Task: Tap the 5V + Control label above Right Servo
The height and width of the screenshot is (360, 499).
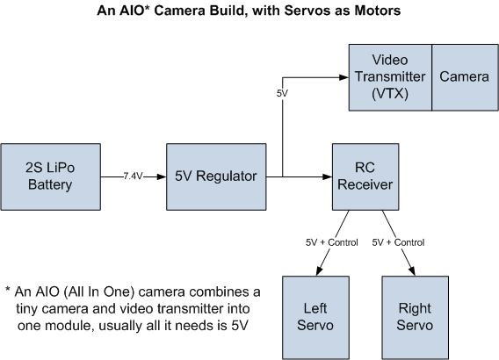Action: point(400,241)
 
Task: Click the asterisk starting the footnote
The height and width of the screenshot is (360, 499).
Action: point(8,291)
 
